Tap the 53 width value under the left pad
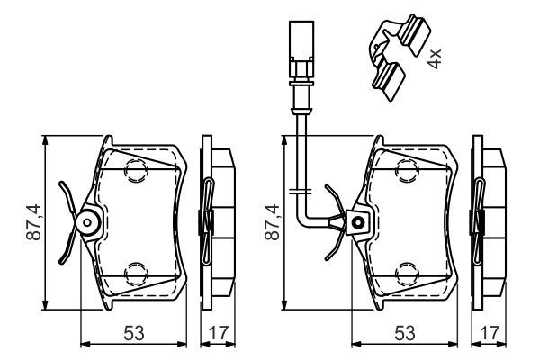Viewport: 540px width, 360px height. pyautogui.click(x=132, y=333)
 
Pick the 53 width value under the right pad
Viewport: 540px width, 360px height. pyautogui.click(x=403, y=333)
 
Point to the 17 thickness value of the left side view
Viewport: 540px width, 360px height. pyautogui.click(x=216, y=333)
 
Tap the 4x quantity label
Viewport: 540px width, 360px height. pyautogui.click(x=436, y=59)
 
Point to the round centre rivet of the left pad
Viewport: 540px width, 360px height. pyautogui.click(x=87, y=221)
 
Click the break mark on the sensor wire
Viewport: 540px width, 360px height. pyautogui.click(x=300, y=191)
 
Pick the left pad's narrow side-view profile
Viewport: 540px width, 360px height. pyautogui.click(x=216, y=221)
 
